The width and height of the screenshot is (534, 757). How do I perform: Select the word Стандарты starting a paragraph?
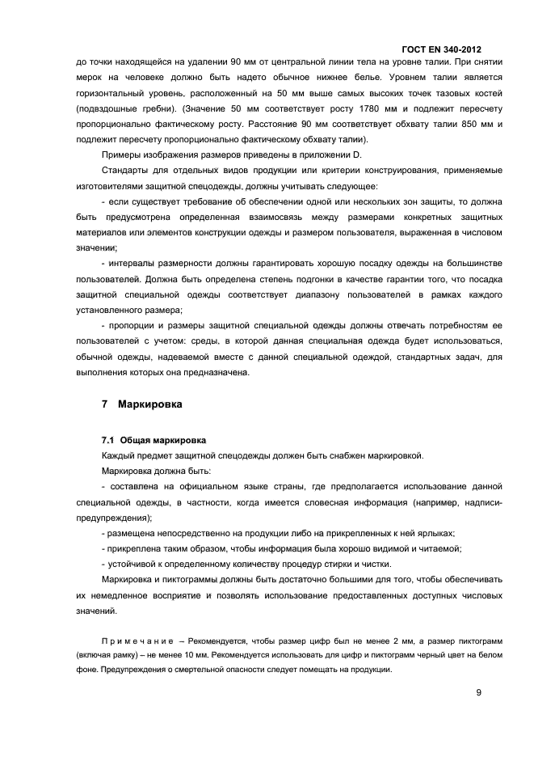[125, 171]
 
